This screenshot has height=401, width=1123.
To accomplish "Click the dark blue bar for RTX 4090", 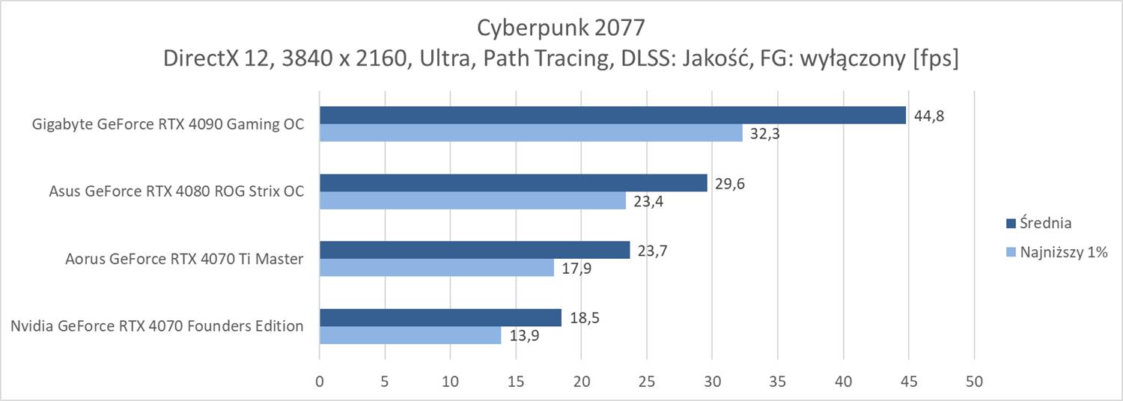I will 612,115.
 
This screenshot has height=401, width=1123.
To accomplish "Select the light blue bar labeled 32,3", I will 531,133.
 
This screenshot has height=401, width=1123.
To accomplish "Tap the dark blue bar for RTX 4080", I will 513,183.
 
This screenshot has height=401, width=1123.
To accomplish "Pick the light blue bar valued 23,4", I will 472,200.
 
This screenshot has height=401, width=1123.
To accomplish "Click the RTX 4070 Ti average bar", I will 475,250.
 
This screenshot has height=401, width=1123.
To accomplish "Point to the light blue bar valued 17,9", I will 436,268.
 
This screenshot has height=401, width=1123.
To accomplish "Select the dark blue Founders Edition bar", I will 440,317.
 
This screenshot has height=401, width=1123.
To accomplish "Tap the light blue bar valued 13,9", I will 410,335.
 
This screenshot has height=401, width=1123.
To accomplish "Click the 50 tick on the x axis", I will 974,382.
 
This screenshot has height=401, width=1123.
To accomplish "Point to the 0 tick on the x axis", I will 320,382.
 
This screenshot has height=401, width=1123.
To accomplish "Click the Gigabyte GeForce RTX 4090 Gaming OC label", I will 168,124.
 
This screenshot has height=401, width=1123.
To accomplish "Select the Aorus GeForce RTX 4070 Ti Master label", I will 184,259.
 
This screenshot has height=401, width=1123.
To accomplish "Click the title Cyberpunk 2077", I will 561,28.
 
